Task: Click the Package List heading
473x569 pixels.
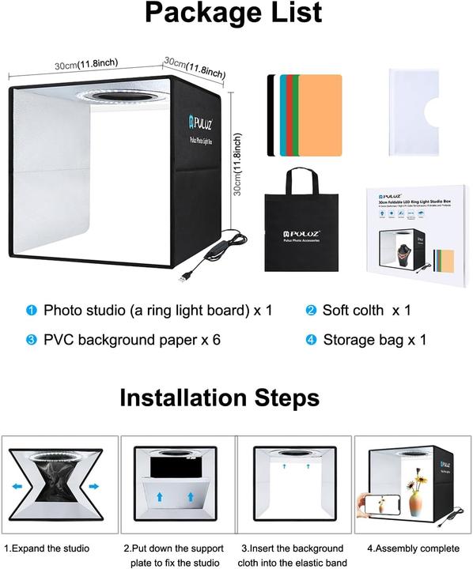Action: (x=233, y=15)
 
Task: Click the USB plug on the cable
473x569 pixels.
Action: (x=184, y=278)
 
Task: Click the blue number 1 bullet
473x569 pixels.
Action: (x=32, y=311)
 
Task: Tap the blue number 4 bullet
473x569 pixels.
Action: (x=311, y=341)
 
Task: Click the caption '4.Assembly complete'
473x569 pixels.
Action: (x=413, y=548)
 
